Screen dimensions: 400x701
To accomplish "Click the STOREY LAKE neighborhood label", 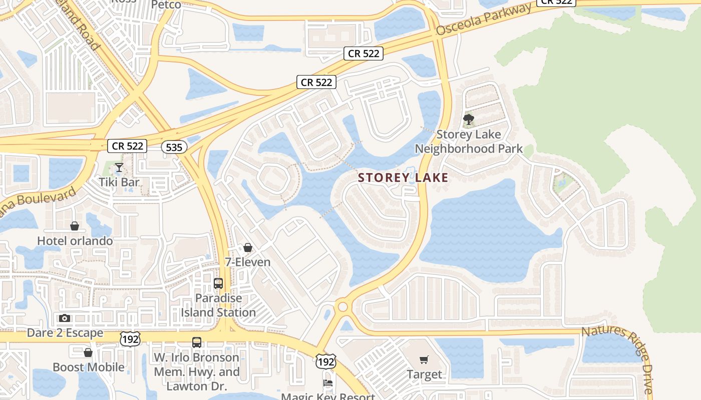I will click(x=403, y=177).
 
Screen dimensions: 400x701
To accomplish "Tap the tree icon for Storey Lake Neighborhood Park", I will click(x=469, y=119).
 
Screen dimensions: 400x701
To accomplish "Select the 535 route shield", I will click(x=174, y=147).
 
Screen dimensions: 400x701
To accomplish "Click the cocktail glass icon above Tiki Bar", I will click(x=119, y=167).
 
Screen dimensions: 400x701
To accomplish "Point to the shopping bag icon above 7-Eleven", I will click(x=247, y=247).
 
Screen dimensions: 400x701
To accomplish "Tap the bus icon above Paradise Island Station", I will click(x=218, y=283).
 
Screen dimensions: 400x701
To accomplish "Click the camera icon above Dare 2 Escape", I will click(x=65, y=318).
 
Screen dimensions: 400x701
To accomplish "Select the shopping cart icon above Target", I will click(x=424, y=359).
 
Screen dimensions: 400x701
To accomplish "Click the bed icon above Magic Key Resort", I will click(x=328, y=383).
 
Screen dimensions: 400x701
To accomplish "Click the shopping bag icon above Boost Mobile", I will click(x=88, y=353).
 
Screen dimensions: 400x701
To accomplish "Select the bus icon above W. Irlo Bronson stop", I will click(x=197, y=342).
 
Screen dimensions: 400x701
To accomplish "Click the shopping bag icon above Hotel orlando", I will click(x=75, y=226).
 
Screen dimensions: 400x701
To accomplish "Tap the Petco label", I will click(x=166, y=4).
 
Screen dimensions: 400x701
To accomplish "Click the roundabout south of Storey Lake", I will click(x=342, y=306).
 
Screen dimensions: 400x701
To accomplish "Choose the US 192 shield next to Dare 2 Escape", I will click(x=130, y=338).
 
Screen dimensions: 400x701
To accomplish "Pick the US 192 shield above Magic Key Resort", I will click(x=325, y=361).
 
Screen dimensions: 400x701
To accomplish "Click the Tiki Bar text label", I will click(x=119, y=182).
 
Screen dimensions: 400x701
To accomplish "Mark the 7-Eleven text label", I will click(x=247, y=262).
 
